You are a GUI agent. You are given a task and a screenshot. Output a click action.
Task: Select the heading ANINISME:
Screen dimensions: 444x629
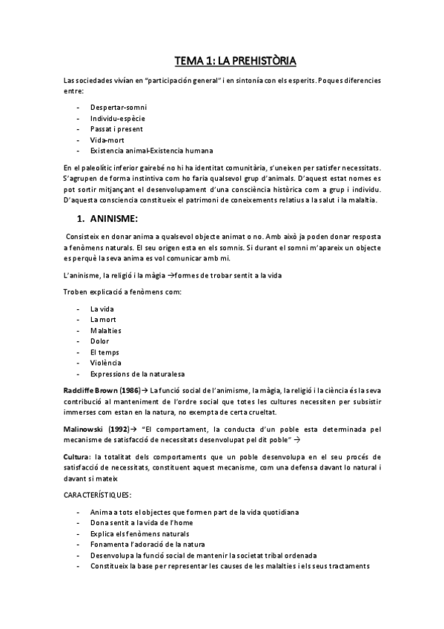tap(118, 219)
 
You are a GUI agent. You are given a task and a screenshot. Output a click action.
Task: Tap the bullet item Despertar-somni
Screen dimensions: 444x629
tap(118, 108)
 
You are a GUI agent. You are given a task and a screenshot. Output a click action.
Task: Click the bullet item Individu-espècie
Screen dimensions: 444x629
tap(117, 118)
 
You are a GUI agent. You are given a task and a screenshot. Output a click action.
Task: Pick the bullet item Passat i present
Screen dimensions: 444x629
tap(117, 128)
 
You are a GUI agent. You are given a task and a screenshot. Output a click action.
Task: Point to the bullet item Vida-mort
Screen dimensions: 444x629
tap(107, 139)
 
